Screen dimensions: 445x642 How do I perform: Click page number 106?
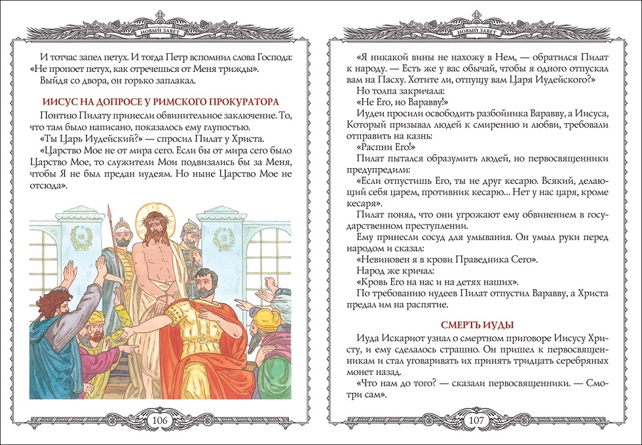160,419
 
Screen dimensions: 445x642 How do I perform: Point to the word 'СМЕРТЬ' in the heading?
466,325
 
